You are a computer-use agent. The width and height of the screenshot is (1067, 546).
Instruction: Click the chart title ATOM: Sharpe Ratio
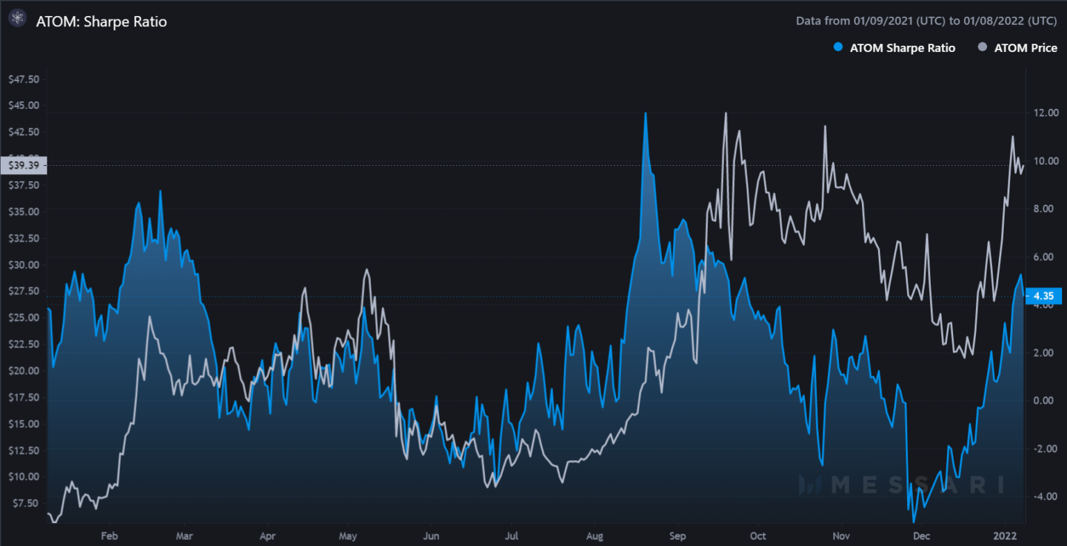click(101, 22)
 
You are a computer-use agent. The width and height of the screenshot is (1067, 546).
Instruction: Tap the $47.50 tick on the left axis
click(24, 79)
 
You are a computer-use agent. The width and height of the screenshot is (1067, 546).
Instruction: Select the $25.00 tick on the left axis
click(24, 318)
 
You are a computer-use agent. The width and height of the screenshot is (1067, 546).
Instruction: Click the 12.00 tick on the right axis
click(1045, 112)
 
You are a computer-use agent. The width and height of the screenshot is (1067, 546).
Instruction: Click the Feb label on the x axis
click(109, 536)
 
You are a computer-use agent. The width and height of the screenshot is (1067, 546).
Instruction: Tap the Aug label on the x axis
click(595, 536)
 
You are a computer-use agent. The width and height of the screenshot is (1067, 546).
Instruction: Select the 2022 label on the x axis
click(1005, 536)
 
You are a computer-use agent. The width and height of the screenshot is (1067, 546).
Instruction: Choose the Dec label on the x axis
click(922, 536)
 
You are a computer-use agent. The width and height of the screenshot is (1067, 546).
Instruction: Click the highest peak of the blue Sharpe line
click(645, 113)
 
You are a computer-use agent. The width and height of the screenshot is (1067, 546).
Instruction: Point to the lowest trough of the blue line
click(914, 522)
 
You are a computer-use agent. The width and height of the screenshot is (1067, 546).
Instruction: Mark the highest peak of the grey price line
click(726, 113)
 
